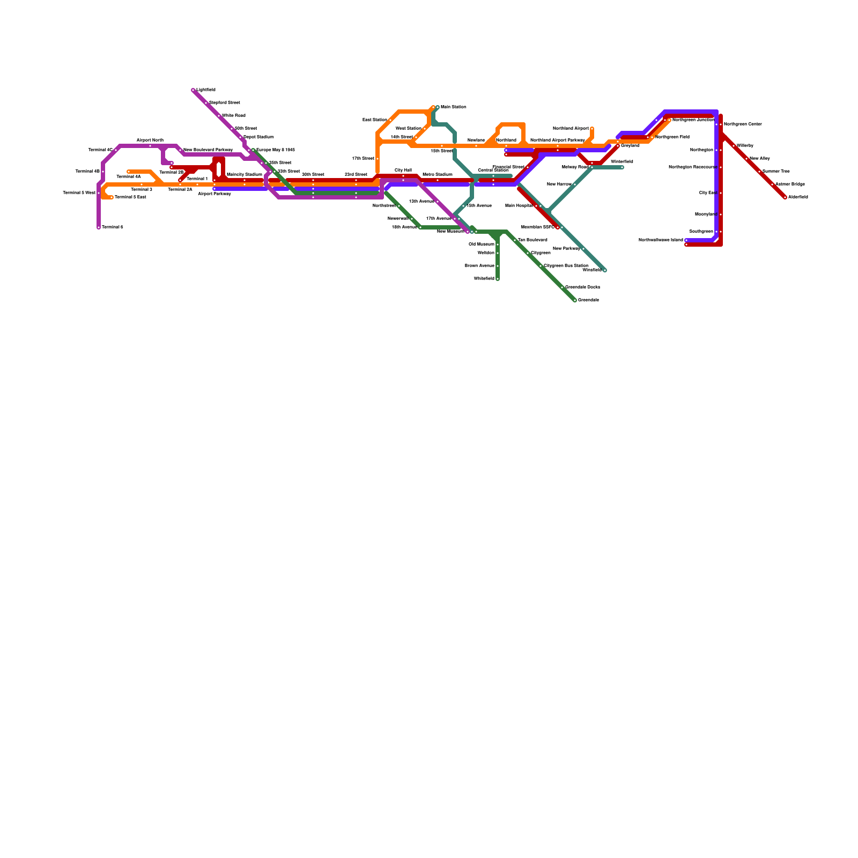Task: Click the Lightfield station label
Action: [206, 90]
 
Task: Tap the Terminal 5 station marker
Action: [99, 227]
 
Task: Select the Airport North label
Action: [150, 140]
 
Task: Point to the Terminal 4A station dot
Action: [129, 172]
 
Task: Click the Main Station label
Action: [454, 107]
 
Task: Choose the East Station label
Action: [374, 120]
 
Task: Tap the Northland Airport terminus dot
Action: [592, 129]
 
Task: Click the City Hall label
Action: [403, 170]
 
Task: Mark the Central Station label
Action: [493, 170]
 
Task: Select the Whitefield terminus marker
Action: [498, 279]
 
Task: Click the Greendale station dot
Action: [575, 300]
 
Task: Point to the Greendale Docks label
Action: [582, 287]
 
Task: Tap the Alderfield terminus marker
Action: [785, 197]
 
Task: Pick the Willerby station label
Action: [745, 146]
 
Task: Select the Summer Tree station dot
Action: [759, 172]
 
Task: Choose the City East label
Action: [708, 193]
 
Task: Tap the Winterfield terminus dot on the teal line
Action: [622, 167]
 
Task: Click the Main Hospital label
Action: [519, 206]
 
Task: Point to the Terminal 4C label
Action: [100, 150]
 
